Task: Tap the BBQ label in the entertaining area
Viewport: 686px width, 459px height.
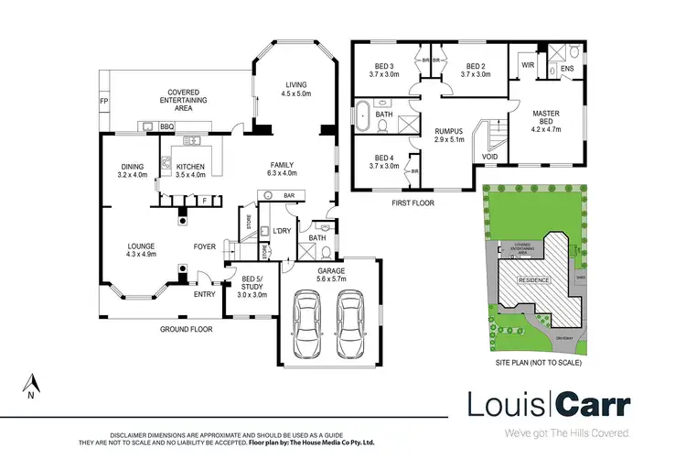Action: click(x=167, y=126)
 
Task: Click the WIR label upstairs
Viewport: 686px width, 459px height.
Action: click(x=528, y=65)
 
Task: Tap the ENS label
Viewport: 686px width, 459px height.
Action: click(x=566, y=68)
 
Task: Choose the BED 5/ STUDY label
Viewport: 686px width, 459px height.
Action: click(x=252, y=289)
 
